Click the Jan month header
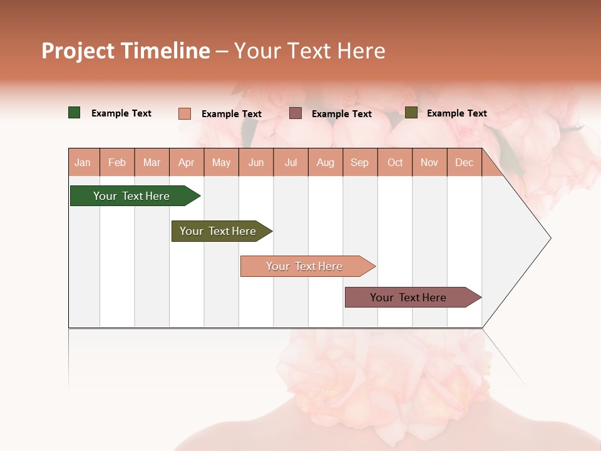tap(83, 163)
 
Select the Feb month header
tap(117, 163)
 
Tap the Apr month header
tap(186, 163)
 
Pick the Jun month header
tap(256, 163)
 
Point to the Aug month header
tap(325, 163)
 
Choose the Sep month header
tap(359, 163)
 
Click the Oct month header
tap(395, 163)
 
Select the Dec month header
tap(464, 163)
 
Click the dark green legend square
tap(74, 113)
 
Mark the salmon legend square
tap(185, 113)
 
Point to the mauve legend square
tap(295, 113)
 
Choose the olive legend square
tap(411, 113)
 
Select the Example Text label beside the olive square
tap(456, 113)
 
